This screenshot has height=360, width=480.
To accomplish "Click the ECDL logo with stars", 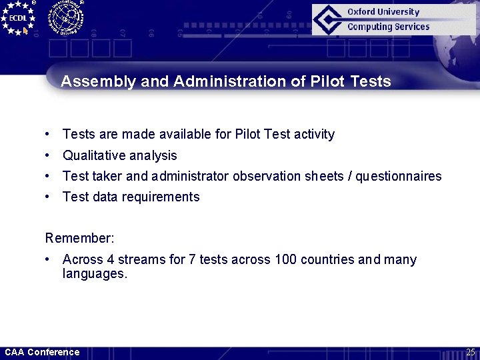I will (18, 18).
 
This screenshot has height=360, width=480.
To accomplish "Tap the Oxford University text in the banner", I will (383, 11).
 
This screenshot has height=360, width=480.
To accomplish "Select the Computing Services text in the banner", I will (388, 27).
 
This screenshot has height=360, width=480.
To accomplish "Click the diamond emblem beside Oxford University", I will (328, 19).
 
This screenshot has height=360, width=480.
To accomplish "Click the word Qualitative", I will (91, 155).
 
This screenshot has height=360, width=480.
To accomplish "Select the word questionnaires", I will (399, 176).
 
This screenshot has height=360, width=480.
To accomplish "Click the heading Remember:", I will (71, 238).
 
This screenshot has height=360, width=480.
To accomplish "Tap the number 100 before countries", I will (285, 259).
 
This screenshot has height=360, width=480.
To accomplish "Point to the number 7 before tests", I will (193, 259).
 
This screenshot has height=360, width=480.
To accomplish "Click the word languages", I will (94, 273).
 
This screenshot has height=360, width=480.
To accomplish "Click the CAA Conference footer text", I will (42, 352).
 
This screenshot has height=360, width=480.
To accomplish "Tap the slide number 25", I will (470, 352).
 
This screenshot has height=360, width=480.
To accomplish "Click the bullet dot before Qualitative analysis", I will (49, 155).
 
